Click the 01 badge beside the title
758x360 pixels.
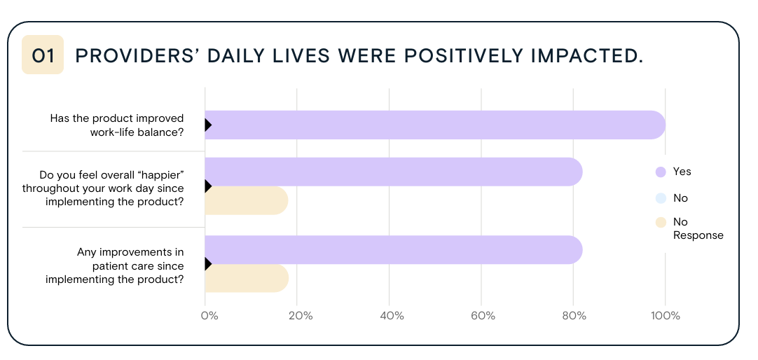coord(43,55)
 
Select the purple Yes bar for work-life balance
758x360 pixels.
coord(434,125)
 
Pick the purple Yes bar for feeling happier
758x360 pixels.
coord(393,172)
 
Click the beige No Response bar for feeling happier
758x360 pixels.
coord(246,201)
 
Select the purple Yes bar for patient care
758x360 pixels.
coord(393,250)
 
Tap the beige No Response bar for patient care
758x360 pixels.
coord(246,278)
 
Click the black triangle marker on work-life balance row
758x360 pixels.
coord(208,125)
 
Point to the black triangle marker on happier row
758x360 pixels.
coord(208,186)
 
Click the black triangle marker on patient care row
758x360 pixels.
coord(208,264)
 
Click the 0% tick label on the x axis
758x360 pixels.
coord(209,316)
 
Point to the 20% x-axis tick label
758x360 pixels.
coord(300,316)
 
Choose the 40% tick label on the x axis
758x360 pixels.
coord(392,316)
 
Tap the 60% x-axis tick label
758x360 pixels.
coord(483,316)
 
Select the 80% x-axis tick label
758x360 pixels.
coord(574,316)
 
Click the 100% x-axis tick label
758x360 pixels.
coord(665,316)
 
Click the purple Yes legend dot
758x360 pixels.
coord(660,172)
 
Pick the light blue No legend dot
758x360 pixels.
coord(660,198)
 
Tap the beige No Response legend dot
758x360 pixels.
coord(660,223)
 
